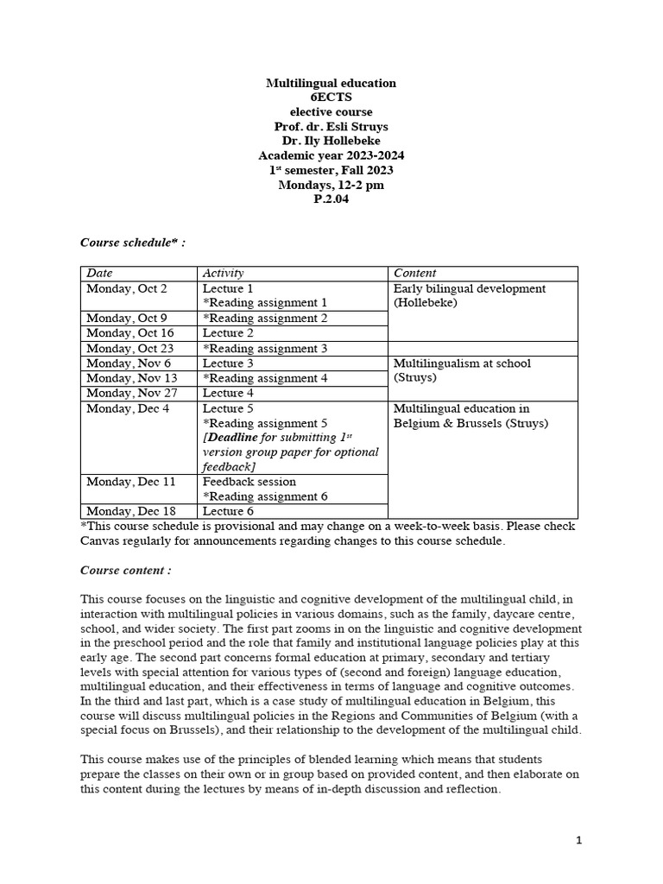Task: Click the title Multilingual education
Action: tap(331, 83)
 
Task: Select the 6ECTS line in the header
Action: tap(331, 98)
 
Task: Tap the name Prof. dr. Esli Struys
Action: tap(331, 127)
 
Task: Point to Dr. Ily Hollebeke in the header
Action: tap(331, 142)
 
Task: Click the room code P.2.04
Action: tap(331, 199)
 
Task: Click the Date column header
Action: tap(100, 274)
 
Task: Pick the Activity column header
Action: tap(224, 274)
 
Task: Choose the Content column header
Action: tap(414, 274)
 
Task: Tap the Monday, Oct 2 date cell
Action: tap(127, 288)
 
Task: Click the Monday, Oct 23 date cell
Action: tap(129, 348)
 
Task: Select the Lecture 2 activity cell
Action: tap(228, 333)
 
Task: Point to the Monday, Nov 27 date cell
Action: tap(130, 393)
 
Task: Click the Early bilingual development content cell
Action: tap(469, 296)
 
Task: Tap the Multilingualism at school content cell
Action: tap(462, 370)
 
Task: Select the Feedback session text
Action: tap(249, 482)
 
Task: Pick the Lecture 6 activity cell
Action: tap(228, 511)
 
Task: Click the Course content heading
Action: tap(126, 571)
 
